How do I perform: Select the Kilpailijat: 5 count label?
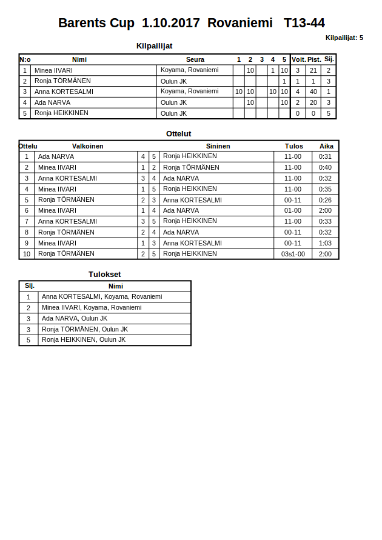344,38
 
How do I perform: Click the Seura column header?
195,59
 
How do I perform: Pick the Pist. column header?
314,59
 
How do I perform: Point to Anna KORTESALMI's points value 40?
313,92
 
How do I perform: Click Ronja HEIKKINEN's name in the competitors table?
61,113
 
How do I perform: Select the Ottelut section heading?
179,133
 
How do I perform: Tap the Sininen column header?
218,146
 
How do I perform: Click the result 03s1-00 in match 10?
293,254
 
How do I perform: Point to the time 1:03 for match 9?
325,243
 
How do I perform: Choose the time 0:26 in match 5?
325,200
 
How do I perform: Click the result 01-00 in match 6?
293,211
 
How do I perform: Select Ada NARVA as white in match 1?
56,156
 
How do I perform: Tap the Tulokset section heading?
105,274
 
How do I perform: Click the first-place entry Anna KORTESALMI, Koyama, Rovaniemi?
102,297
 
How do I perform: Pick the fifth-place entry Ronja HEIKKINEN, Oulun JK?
84,340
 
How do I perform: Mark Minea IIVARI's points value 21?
313,70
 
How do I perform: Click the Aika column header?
326,146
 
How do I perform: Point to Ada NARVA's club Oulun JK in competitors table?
173,102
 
